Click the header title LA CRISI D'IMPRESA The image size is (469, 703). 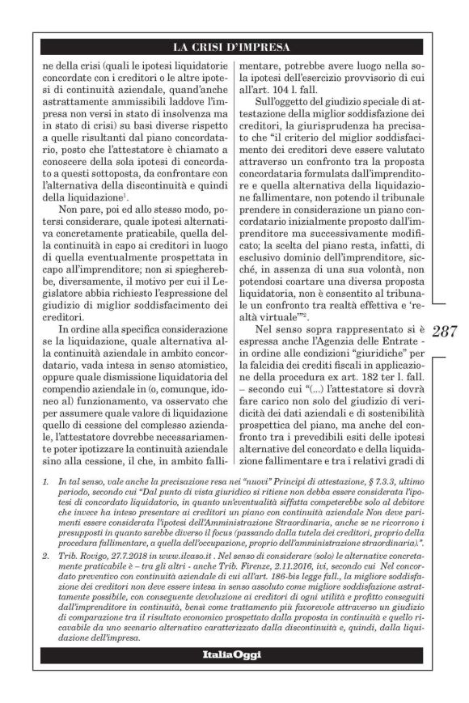tap(234, 45)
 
